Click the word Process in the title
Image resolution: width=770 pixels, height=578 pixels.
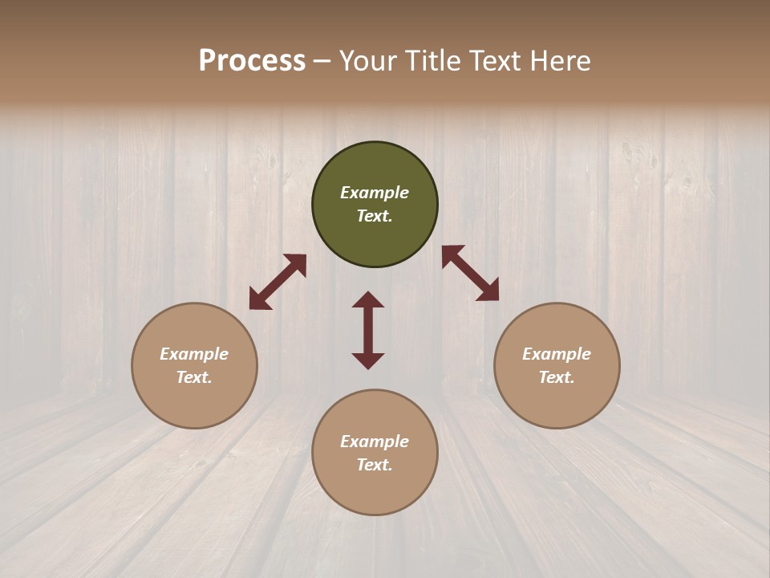[252, 61]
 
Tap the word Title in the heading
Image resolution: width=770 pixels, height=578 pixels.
[428, 61]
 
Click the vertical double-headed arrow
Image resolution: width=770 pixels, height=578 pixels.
[368, 330]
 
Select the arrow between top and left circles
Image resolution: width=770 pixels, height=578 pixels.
[278, 282]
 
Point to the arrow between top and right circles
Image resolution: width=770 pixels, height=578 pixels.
[470, 273]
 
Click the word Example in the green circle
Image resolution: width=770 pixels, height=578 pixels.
[375, 193]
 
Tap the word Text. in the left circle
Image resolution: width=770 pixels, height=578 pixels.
[194, 377]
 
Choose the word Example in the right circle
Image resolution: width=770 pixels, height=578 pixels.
[557, 354]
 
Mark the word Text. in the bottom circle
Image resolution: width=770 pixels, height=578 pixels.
[375, 465]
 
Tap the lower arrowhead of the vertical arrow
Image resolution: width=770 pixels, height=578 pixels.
[368, 360]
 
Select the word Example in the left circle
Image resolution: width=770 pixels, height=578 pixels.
[194, 354]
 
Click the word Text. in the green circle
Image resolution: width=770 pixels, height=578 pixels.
[375, 216]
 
